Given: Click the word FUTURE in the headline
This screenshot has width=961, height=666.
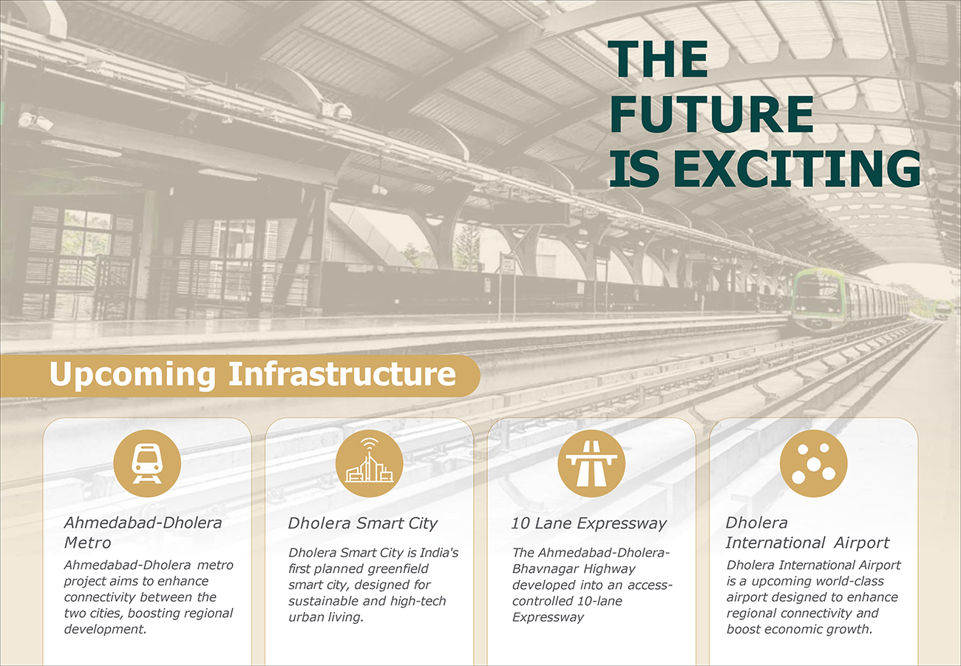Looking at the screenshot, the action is (x=711, y=113).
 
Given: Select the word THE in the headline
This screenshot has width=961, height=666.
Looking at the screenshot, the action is (x=658, y=58).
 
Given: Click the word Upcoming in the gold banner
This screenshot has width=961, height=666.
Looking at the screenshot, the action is (x=132, y=374).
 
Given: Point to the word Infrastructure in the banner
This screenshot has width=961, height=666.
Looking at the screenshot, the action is (x=342, y=373).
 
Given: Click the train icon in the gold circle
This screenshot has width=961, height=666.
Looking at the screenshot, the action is (x=147, y=464).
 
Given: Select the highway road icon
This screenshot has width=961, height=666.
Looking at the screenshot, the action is (x=591, y=464).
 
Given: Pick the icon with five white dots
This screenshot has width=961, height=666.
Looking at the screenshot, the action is (x=813, y=464).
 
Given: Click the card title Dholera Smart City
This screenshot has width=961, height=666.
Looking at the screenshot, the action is (x=362, y=523).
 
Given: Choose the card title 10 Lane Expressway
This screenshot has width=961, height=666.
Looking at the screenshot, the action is (x=588, y=523).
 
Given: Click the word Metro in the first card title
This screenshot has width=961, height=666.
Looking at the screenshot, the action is (x=87, y=542).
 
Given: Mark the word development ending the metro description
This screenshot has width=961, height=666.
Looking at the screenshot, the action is (x=105, y=629).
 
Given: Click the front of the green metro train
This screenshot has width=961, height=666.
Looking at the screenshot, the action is (x=818, y=299).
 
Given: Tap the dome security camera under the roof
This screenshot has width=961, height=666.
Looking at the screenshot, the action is (x=343, y=112).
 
